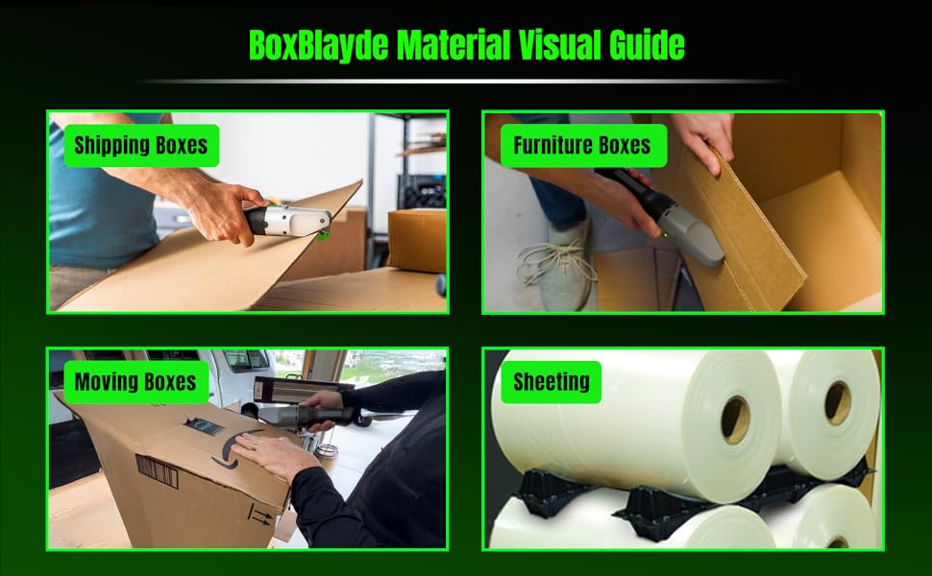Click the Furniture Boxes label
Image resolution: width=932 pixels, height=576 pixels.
click(581, 146)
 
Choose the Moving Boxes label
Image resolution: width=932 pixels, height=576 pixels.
click(135, 382)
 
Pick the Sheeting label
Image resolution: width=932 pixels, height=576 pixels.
click(551, 382)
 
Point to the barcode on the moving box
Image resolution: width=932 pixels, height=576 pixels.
click(157, 471)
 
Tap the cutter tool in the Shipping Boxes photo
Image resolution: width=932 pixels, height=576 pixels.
click(287, 222)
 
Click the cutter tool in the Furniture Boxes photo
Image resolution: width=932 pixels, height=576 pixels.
click(673, 213)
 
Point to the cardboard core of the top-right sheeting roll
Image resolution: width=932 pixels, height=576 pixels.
click(837, 402)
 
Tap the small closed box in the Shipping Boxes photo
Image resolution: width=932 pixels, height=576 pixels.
click(416, 240)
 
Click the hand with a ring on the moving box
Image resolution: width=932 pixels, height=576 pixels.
click(269, 456)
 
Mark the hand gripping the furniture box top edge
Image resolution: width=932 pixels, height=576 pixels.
click(706, 139)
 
